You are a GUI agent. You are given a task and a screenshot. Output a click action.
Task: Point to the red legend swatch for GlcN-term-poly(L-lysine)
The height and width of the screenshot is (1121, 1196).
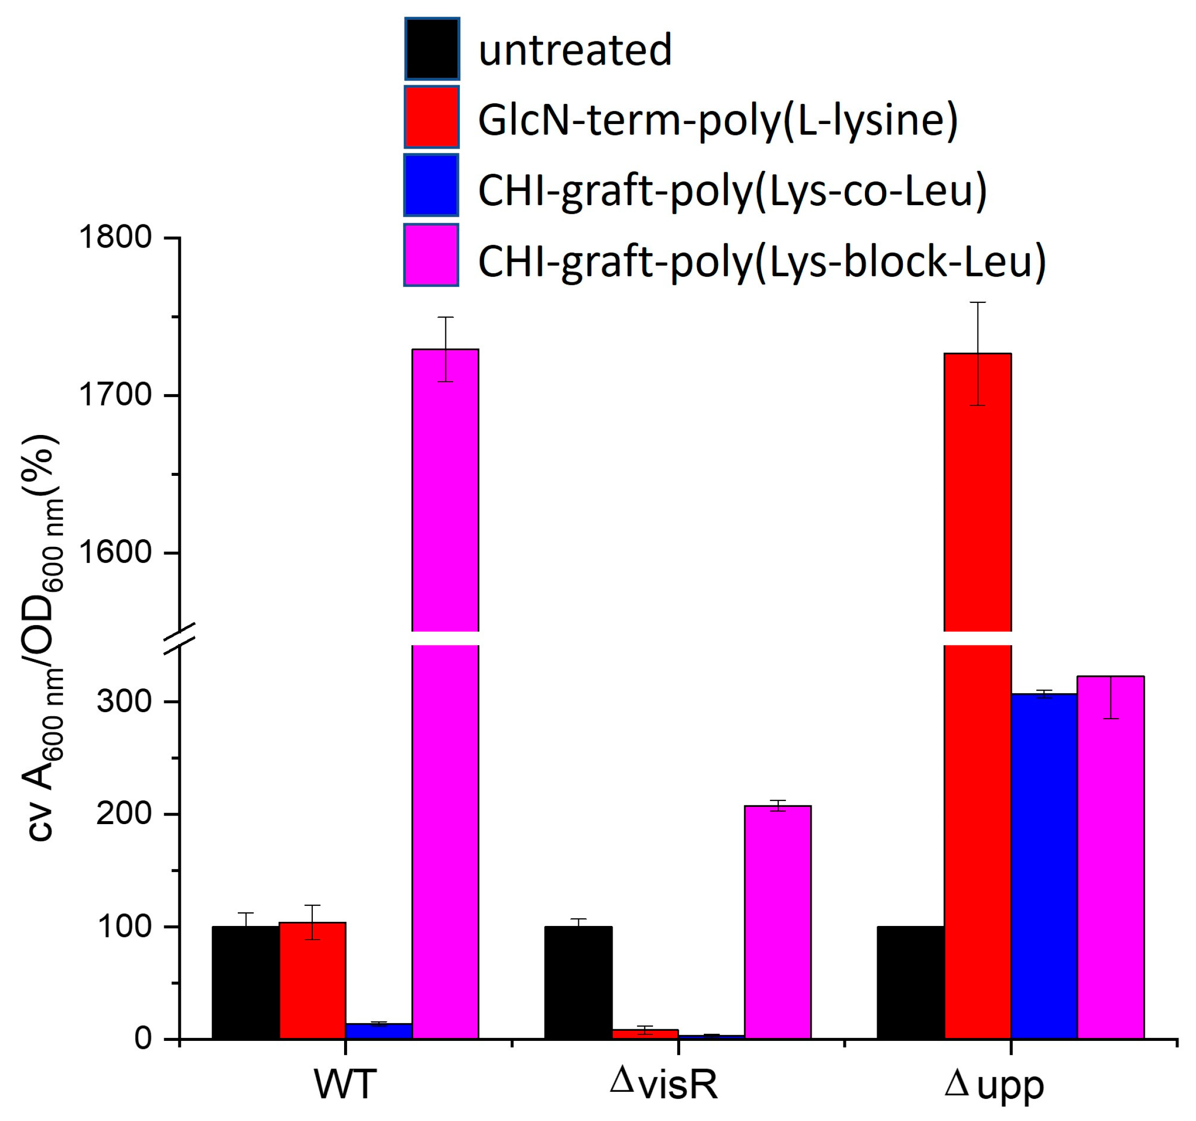tap(431, 117)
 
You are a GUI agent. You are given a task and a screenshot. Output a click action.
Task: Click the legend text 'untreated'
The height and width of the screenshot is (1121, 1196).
tap(574, 50)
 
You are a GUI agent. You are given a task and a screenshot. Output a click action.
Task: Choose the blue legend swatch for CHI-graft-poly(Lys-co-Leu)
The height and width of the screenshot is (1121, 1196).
tap(431, 185)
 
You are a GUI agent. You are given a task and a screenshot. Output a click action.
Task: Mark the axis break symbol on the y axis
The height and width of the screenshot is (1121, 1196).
tap(180, 638)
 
